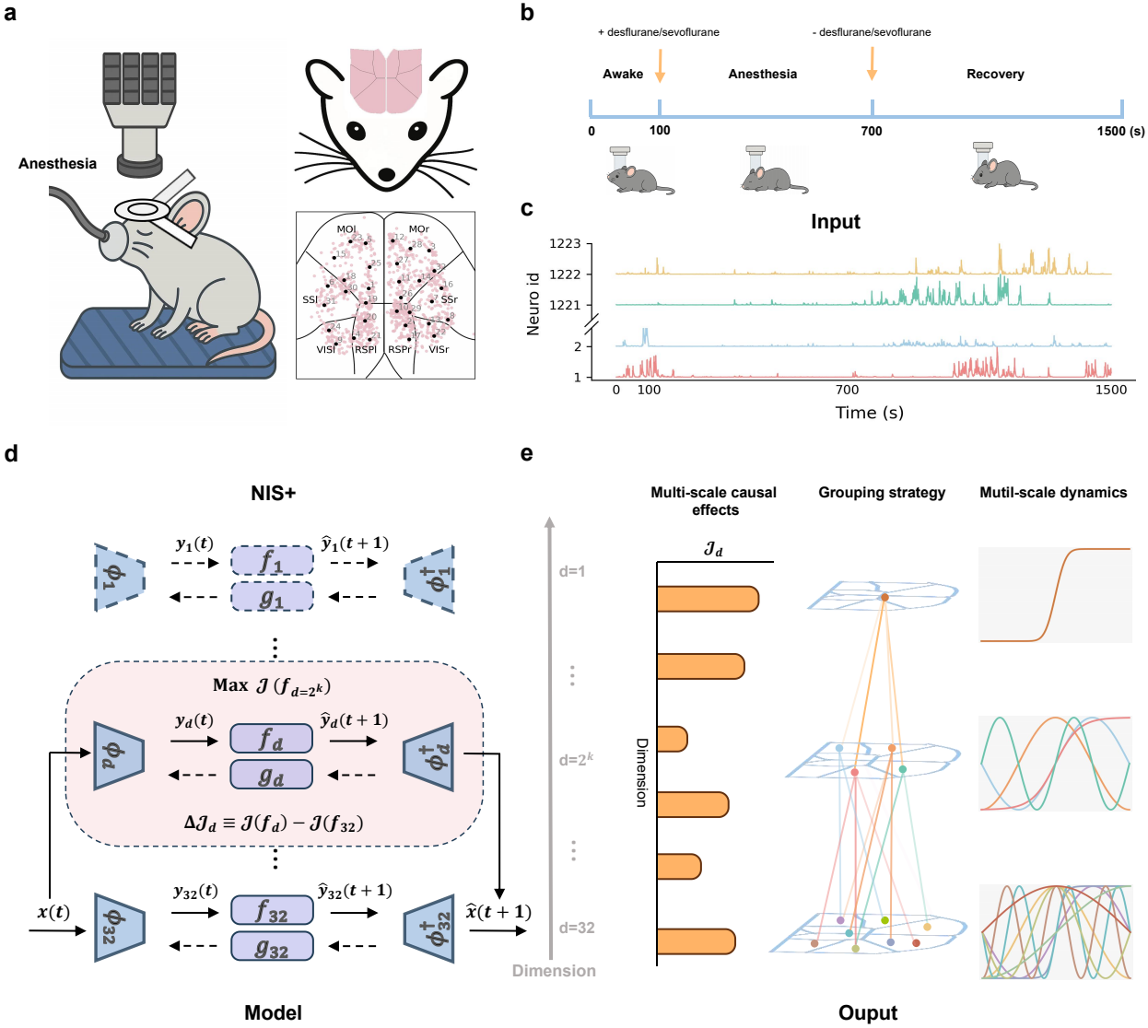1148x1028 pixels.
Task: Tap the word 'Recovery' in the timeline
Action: click(995, 74)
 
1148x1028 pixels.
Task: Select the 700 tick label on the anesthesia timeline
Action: click(872, 131)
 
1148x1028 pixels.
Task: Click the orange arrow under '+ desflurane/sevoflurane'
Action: click(660, 64)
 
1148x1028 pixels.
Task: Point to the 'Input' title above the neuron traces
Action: click(835, 222)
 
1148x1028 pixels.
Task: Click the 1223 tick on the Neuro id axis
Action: click(565, 243)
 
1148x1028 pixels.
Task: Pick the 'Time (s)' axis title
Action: click(869, 413)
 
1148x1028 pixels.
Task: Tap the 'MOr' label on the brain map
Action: click(418, 229)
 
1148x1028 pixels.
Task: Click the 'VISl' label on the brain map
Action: click(326, 350)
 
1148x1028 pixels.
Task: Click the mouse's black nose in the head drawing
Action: click(387, 173)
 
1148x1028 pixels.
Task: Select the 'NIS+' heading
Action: click(273, 493)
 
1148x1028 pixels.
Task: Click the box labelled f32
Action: click(272, 911)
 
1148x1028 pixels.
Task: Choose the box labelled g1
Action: click(272, 597)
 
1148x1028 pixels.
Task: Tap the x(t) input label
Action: click(53, 912)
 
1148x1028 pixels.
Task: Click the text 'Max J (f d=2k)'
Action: click(272, 686)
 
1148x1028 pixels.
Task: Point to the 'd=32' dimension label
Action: click(577, 928)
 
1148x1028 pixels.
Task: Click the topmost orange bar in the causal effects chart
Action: click(707, 599)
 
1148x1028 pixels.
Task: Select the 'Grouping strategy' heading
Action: click(882, 493)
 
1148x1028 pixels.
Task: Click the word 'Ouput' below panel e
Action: click(868, 1012)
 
